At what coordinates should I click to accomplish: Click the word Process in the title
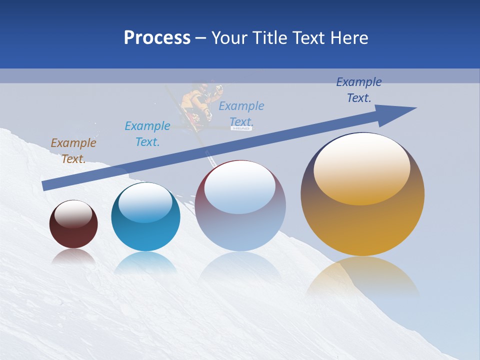pos(157,38)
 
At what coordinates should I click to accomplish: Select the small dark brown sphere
pos(73,224)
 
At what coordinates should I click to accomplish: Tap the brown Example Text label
pos(73,150)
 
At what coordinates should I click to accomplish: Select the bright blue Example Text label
pos(147,133)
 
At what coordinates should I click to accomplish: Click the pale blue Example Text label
pos(241,113)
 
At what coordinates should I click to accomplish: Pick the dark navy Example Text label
pos(359,90)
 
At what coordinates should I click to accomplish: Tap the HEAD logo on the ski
pos(241,128)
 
